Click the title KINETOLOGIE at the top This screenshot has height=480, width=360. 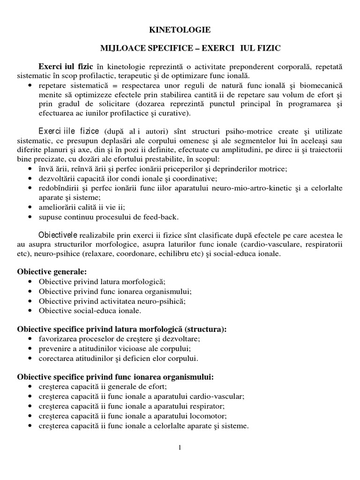click(x=180, y=30)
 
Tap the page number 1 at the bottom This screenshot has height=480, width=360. click(x=180, y=448)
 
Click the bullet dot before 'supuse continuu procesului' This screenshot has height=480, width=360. click(x=30, y=217)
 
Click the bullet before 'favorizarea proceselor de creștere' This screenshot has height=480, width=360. click(x=30, y=339)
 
